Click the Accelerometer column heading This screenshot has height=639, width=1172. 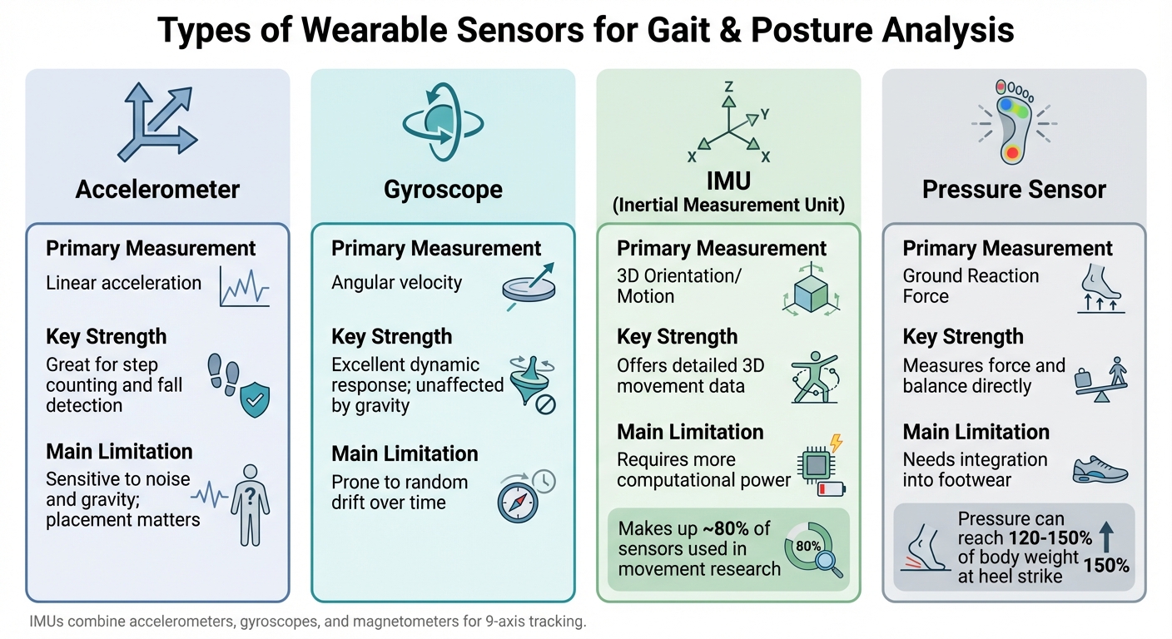point(158,190)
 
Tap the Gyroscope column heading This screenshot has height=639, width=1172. point(443,190)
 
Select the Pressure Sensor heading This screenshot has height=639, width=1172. point(1014,190)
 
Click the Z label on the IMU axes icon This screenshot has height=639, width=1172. point(728,87)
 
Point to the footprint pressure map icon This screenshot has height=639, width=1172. point(1013,122)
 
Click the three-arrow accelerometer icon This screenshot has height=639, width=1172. point(156,122)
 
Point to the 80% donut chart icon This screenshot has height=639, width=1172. point(808,547)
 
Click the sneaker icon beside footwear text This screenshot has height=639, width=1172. point(1100,470)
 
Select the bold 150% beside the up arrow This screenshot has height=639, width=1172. point(1106,566)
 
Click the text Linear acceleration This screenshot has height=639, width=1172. point(124,283)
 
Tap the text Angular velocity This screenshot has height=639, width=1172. point(396,283)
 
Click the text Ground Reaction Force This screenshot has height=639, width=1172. point(971,285)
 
